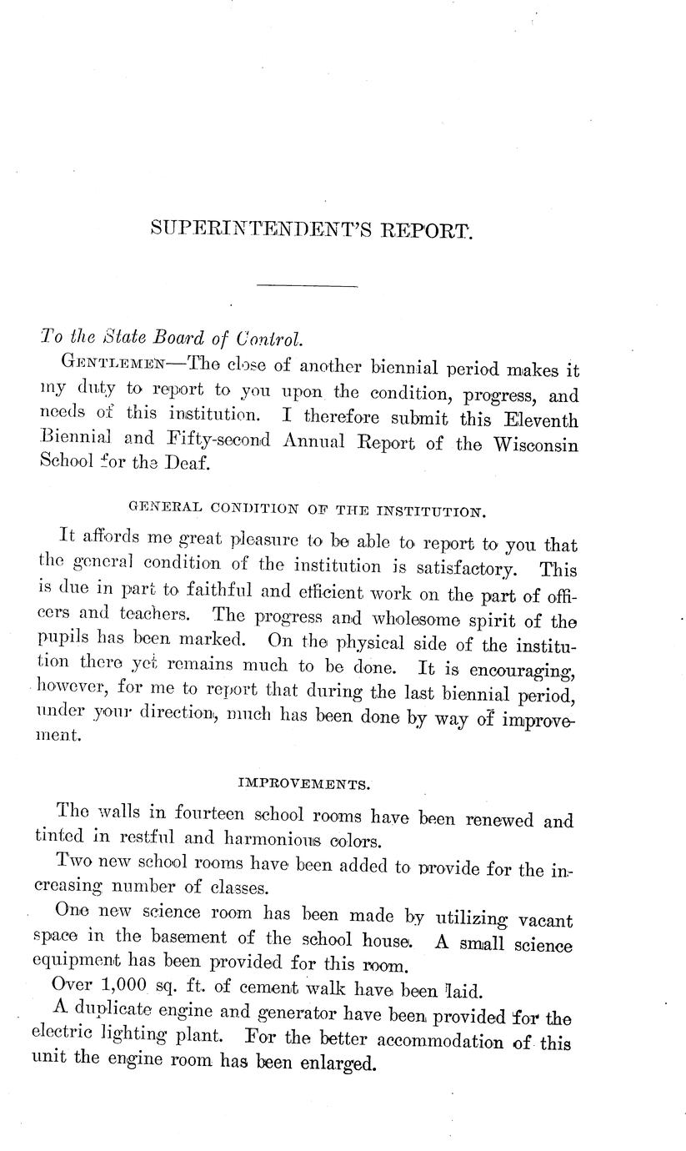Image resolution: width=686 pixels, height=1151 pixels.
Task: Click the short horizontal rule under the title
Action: pyautogui.click(x=307, y=287)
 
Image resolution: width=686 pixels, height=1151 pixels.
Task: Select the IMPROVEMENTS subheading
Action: pyautogui.click(x=303, y=784)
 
